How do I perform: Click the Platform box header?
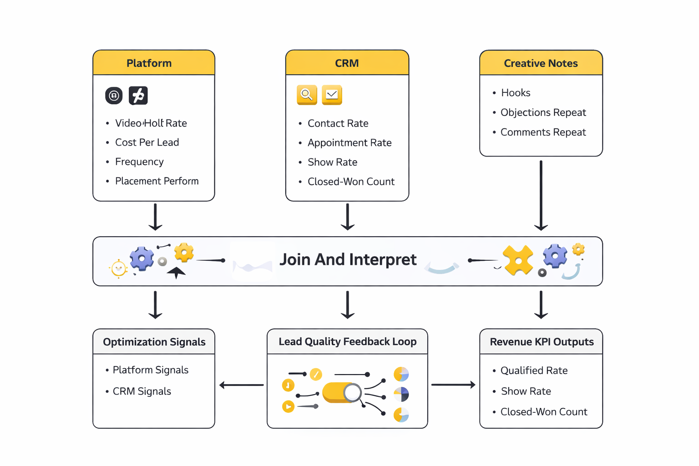point(149,63)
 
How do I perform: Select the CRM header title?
point(347,63)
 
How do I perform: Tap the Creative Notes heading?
point(541,63)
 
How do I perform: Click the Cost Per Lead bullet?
point(147,142)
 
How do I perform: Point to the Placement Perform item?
point(157,181)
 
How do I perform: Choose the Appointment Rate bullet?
point(349,143)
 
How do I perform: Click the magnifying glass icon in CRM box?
point(307,95)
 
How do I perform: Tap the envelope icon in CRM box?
point(332,95)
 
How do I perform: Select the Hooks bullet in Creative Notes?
point(515,93)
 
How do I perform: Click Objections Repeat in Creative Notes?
point(543,112)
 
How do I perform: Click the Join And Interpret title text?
point(348,259)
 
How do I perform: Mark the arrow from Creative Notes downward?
point(541,196)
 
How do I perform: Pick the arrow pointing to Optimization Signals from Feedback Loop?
point(241,385)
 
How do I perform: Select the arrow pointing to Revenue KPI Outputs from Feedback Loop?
point(453,385)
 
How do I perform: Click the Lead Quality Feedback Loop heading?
point(347,342)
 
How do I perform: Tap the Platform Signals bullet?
point(150,370)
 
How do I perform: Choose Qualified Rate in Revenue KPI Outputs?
point(533,370)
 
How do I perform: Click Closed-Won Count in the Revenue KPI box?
point(543,412)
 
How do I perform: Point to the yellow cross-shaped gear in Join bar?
point(518,260)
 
